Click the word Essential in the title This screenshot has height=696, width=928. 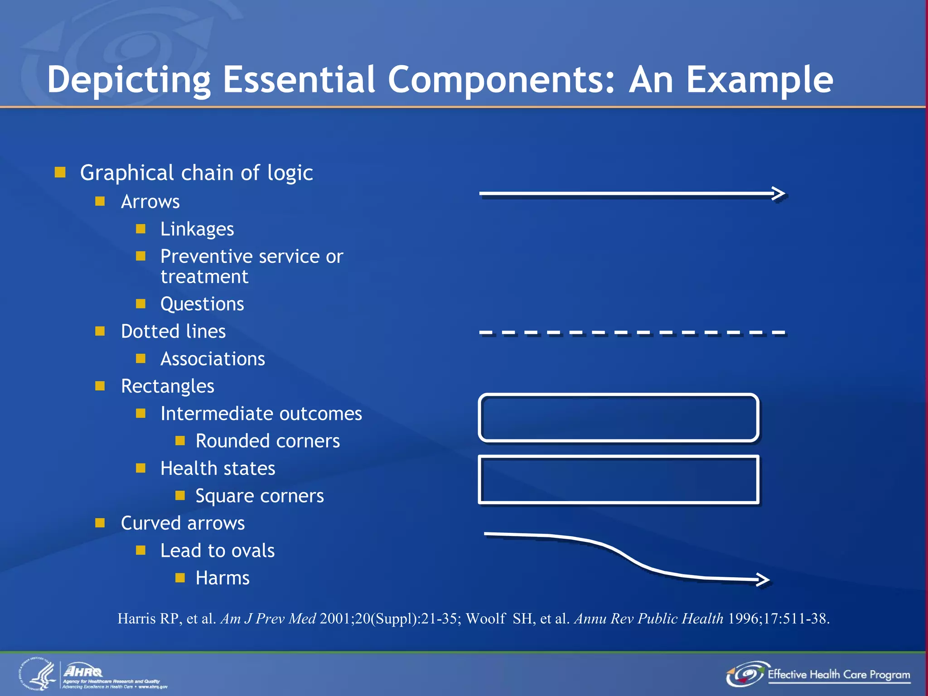[x=300, y=79]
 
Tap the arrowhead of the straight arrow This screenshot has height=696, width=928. [x=779, y=193]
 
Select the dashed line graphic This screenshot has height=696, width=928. [x=633, y=333]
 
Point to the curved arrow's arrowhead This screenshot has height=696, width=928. [x=764, y=579]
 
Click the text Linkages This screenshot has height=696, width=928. [x=197, y=229]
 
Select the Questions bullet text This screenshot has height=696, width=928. [x=202, y=304]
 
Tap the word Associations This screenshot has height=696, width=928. [x=213, y=359]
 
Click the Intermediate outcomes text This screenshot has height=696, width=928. [x=261, y=414]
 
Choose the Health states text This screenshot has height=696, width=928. [x=217, y=469]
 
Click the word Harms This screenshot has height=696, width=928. [x=222, y=578]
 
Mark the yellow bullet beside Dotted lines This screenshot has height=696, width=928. [x=100, y=331]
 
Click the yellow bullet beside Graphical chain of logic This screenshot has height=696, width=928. [x=60, y=172]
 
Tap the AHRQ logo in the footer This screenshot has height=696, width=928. [x=84, y=671]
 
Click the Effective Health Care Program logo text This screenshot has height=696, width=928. [x=838, y=674]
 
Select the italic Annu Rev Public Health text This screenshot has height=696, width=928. [x=648, y=619]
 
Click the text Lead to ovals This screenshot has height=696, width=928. [x=217, y=551]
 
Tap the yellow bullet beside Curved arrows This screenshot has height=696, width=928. [x=100, y=523]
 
